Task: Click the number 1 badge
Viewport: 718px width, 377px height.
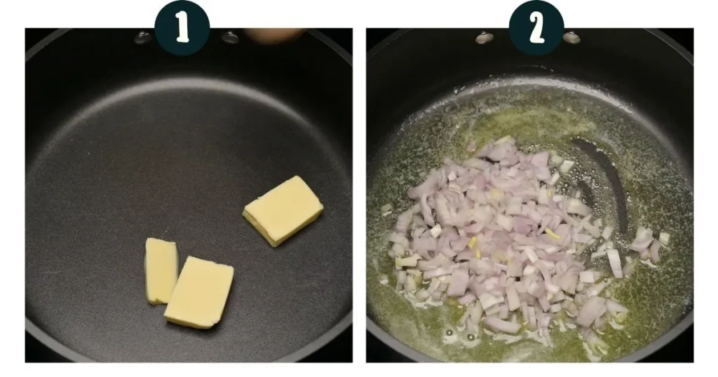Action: [x=182, y=28]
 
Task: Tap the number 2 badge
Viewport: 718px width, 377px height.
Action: [x=536, y=28]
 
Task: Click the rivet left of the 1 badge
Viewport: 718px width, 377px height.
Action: [x=142, y=38]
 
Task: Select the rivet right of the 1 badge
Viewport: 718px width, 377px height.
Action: [x=230, y=37]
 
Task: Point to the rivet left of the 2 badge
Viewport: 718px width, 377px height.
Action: [x=485, y=38]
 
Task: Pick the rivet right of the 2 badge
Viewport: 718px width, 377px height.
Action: [x=571, y=38]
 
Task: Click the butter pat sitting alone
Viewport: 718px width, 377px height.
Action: [x=283, y=210]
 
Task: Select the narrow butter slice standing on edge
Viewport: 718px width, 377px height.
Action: [x=161, y=271]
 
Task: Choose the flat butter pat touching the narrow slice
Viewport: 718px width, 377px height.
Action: [x=199, y=292]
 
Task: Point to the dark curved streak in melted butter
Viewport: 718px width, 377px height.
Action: [x=605, y=179]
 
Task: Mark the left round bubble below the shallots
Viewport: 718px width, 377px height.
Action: [x=449, y=333]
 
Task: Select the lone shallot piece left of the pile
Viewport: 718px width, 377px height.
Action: [x=387, y=209]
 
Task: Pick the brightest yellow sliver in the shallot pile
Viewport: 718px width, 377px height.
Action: [x=552, y=233]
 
